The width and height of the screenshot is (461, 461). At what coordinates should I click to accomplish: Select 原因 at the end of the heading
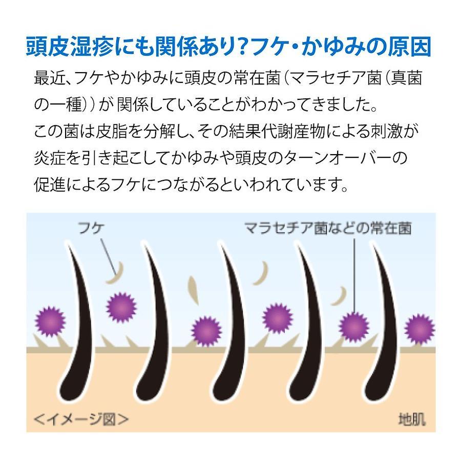410,47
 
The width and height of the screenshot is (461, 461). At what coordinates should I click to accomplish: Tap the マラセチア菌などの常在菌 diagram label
328,228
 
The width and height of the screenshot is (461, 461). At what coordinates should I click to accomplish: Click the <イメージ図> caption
81,419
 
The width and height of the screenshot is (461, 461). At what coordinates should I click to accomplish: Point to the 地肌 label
412,419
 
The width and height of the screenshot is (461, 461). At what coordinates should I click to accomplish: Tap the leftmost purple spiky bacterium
50,322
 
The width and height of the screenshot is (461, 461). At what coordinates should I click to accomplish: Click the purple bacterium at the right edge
420,329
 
